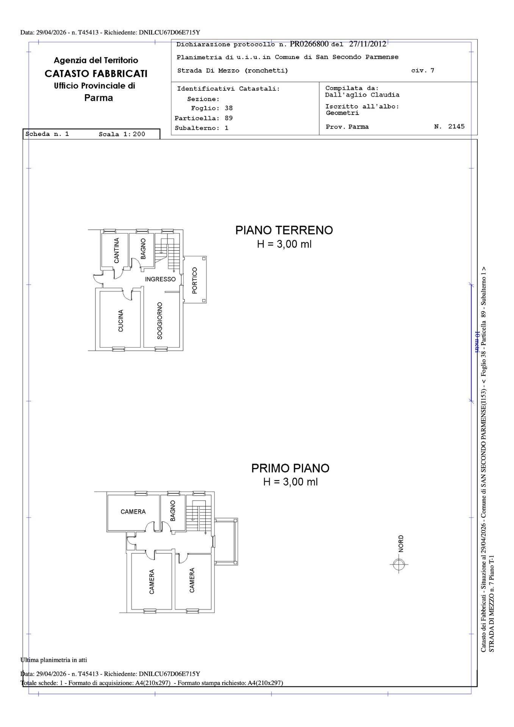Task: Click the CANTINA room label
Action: point(117,250)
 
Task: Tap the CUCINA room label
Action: point(120,321)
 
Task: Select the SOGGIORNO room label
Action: point(160,321)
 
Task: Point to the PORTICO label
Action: point(195,281)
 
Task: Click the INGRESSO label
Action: point(161,279)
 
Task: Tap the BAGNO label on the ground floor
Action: point(143,249)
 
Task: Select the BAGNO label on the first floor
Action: point(173,511)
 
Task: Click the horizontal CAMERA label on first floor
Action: point(133,512)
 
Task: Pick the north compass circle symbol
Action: point(398,565)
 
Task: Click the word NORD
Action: point(401,543)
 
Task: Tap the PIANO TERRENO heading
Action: point(284,230)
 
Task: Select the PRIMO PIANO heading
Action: point(291,468)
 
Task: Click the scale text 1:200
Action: point(134,134)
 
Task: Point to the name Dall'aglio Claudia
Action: point(362,95)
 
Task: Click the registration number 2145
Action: point(456,126)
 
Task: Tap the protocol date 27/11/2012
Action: point(367,44)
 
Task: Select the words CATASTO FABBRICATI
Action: point(96,73)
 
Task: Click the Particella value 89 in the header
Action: point(228,118)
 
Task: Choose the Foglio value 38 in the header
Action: point(228,108)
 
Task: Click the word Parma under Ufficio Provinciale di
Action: point(98,98)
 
